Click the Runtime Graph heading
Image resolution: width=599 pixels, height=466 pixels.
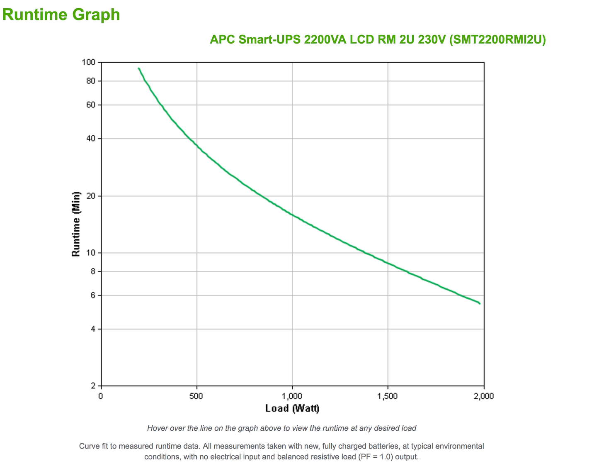pos(61,15)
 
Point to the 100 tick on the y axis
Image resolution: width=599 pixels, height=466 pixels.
pos(89,62)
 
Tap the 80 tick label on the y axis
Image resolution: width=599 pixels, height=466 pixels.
pos(91,81)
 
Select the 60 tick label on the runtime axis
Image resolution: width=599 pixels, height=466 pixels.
pos(91,105)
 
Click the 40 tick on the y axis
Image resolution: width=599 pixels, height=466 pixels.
pos(91,139)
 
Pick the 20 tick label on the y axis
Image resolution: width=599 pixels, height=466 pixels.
pos(91,196)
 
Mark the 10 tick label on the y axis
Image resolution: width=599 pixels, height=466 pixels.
pos(91,253)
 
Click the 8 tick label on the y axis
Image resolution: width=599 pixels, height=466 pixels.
pos(93,271)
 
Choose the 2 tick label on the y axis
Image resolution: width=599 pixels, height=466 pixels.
pos(93,386)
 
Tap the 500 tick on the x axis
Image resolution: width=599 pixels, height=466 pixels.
pos(196,396)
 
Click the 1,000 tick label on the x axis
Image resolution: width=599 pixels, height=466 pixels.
pos(292,396)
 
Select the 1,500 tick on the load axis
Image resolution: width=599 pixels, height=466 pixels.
pos(388,396)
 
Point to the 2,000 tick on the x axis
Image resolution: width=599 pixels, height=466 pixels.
pos(484,396)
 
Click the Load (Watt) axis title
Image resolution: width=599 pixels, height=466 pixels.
pos(292,408)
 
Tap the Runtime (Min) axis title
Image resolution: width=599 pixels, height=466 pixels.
pos(76,224)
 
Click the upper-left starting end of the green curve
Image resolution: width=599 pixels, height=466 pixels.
pos(139,68)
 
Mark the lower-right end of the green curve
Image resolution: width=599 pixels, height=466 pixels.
pos(480,304)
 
